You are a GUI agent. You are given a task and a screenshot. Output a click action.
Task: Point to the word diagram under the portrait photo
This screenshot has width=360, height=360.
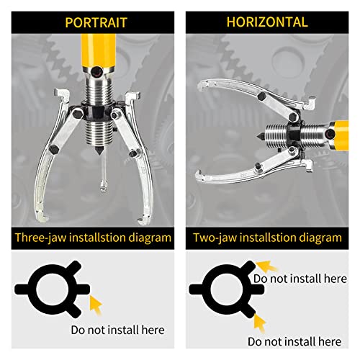click(148, 236)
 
